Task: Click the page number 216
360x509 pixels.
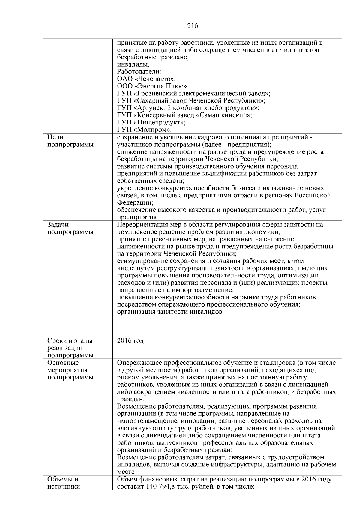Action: click(x=193, y=26)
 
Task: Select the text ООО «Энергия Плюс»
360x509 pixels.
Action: click(x=153, y=86)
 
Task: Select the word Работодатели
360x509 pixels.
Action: click(x=139, y=72)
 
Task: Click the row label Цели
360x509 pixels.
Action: click(x=55, y=137)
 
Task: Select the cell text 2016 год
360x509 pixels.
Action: click(x=130, y=341)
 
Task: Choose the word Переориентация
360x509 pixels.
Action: click(x=140, y=225)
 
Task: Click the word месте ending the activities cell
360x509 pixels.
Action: click(x=126, y=472)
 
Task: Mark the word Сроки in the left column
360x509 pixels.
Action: click(x=57, y=341)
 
